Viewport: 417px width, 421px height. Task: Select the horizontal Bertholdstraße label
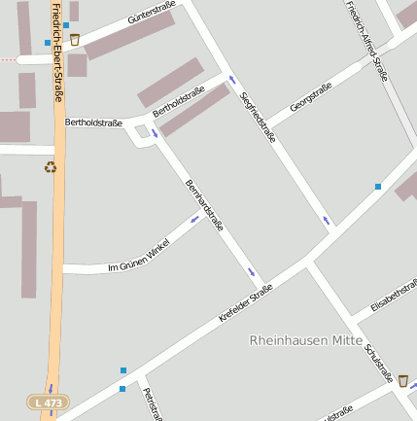(x=93, y=123)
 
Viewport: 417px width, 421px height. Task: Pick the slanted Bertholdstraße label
(x=179, y=100)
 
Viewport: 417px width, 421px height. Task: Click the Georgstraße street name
(x=310, y=99)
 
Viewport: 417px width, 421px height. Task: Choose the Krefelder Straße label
(x=245, y=302)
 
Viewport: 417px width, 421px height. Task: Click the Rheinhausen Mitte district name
(x=306, y=340)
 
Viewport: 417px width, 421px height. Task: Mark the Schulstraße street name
(x=378, y=362)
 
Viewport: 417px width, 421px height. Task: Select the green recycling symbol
(x=51, y=166)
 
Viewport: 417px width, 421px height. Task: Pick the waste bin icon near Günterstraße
(x=75, y=40)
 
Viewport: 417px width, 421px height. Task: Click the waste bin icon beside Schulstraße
(x=402, y=380)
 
